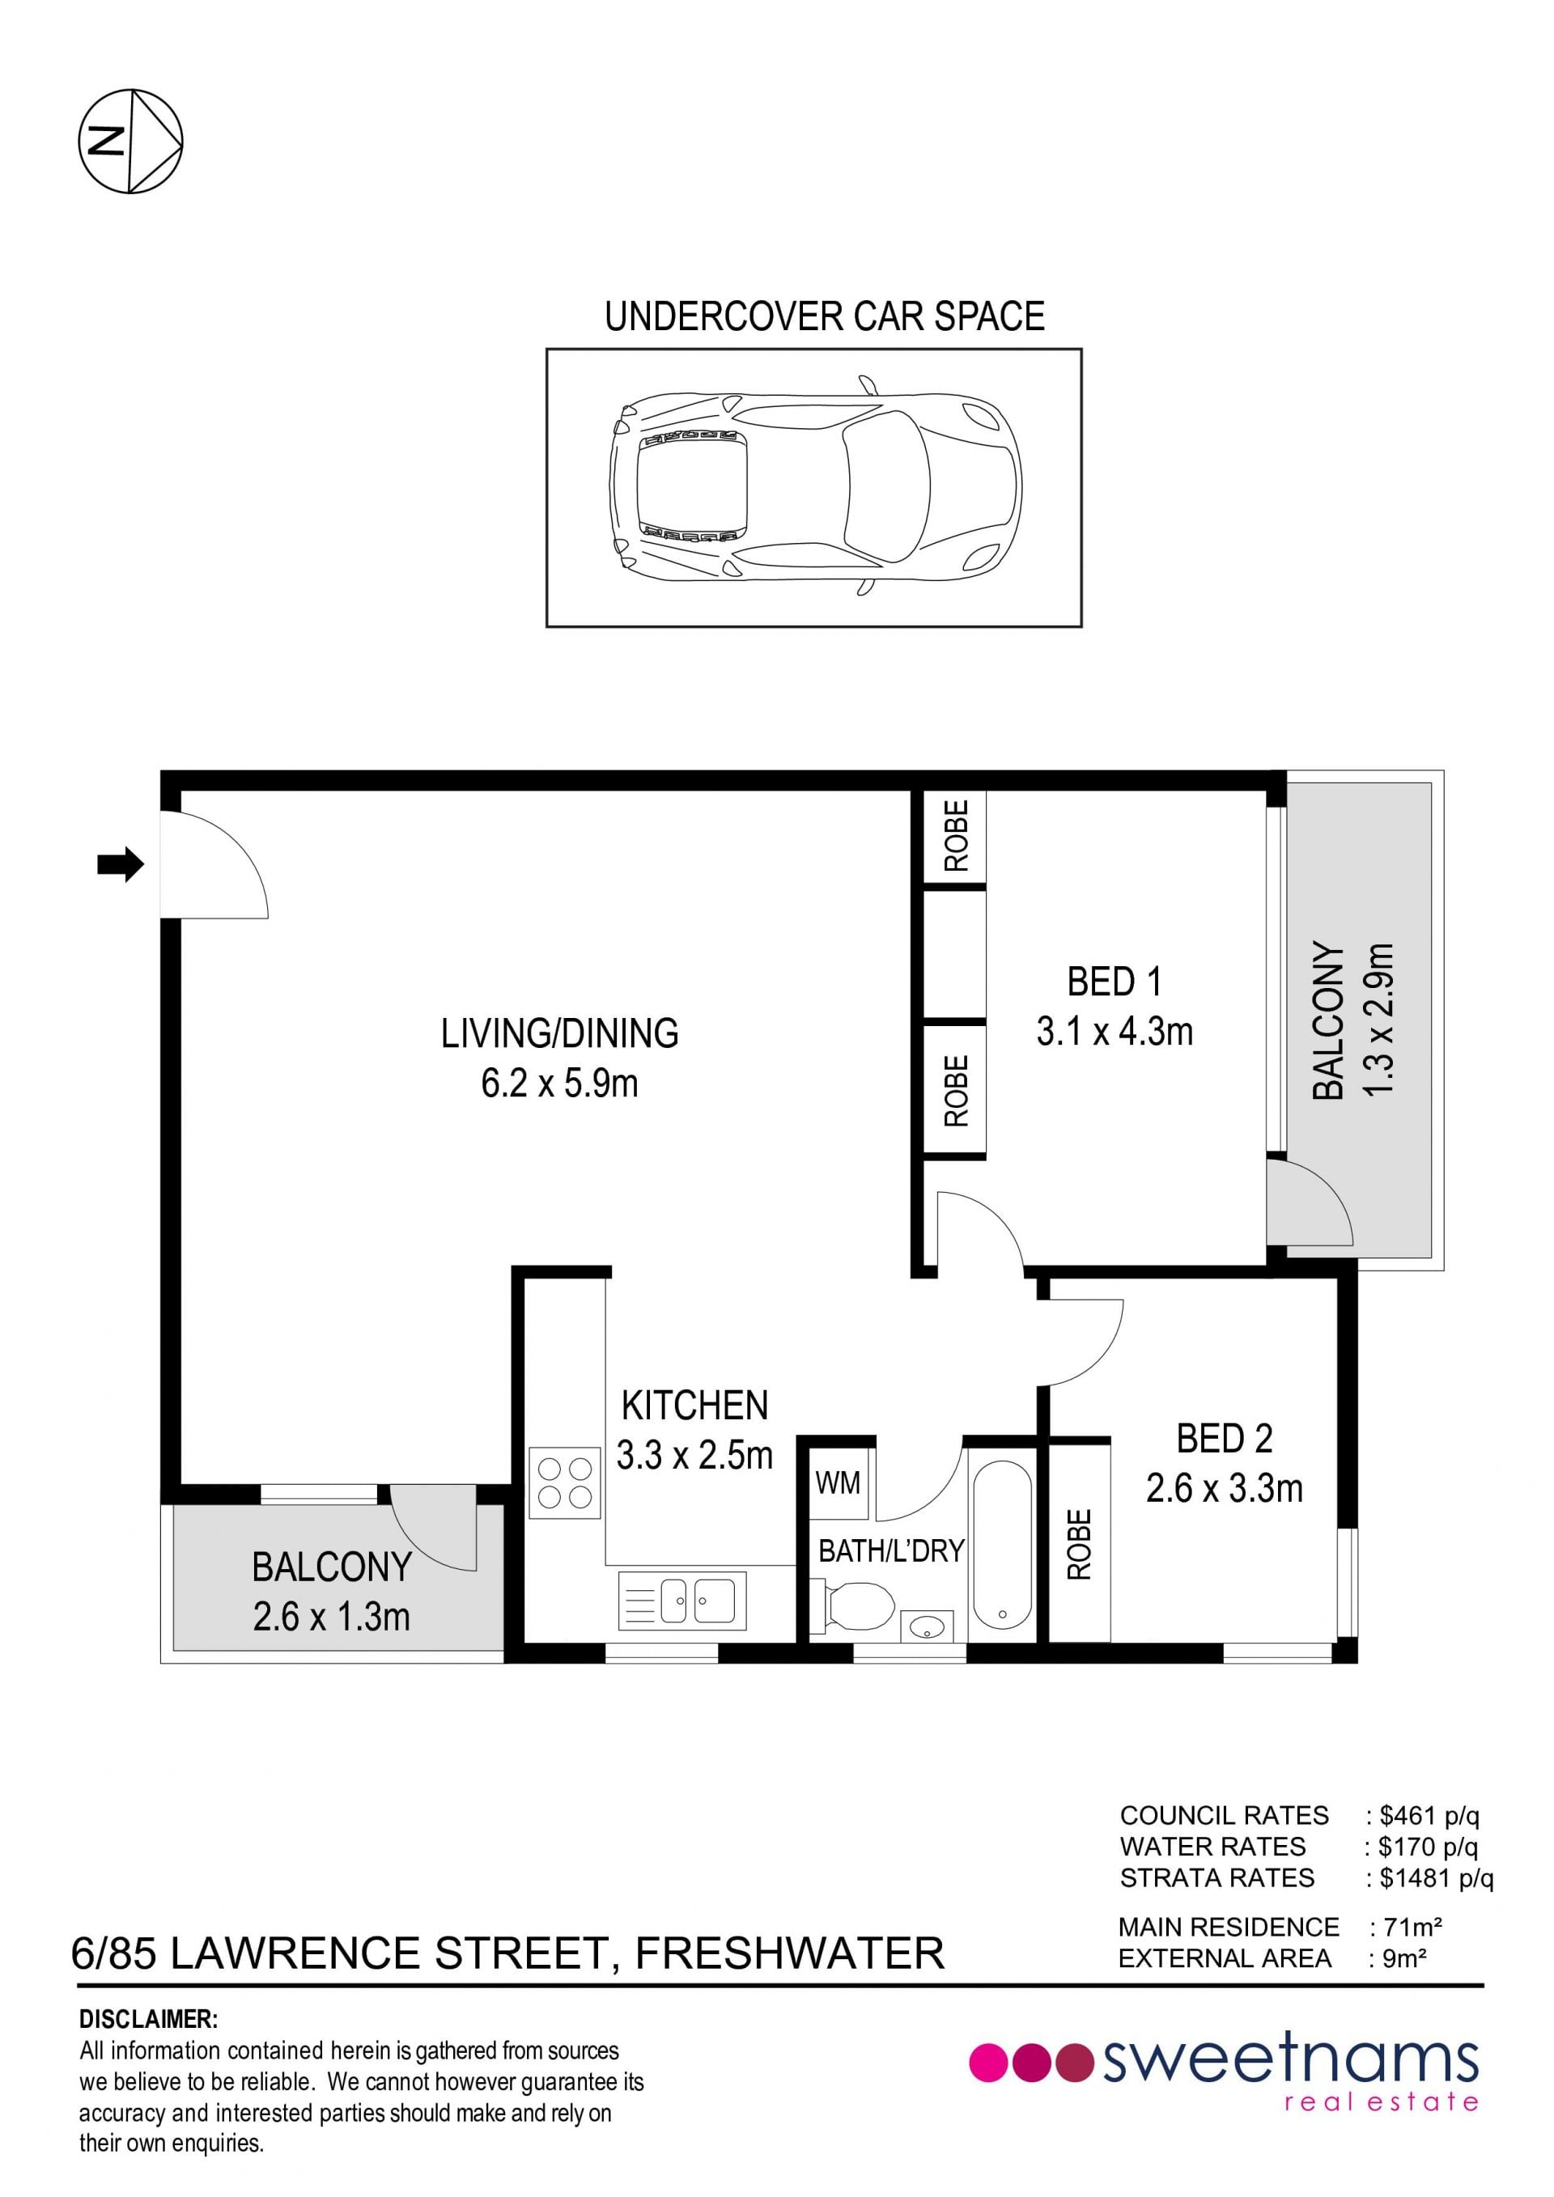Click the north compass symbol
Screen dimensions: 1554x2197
coord(130,142)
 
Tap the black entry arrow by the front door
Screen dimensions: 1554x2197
coord(121,865)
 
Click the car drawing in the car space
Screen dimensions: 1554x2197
coord(815,486)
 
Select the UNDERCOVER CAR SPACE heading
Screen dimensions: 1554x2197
coord(825,316)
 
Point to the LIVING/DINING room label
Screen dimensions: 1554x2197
coord(560,1033)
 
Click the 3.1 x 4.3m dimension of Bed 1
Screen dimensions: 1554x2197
coord(1115,1032)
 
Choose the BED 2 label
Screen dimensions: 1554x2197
coord(1225,1438)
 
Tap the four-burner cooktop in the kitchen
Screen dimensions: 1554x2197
coord(566,1482)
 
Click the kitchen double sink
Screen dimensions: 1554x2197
coord(682,1600)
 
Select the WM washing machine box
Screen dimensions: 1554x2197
coord(839,1484)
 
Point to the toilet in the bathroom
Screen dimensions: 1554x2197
coord(852,1603)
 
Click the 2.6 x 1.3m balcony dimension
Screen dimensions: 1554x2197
coord(332,1616)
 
